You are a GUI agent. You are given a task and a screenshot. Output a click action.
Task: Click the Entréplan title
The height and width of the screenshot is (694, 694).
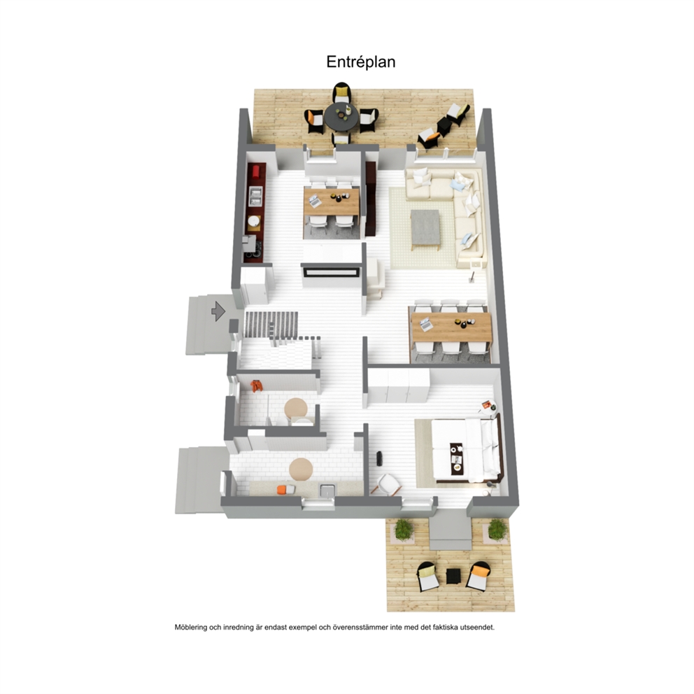click(361, 62)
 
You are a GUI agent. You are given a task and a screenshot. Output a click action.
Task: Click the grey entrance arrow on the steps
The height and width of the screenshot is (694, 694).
click(218, 311)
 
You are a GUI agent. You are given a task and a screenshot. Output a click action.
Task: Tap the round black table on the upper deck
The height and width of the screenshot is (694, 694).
click(340, 118)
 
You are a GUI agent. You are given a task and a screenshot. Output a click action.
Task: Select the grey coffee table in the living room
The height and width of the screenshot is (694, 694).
click(425, 227)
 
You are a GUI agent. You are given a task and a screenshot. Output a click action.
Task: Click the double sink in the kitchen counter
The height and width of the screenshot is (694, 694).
click(255, 196)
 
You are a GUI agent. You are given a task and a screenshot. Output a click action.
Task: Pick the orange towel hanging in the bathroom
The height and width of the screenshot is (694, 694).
click(256, 386)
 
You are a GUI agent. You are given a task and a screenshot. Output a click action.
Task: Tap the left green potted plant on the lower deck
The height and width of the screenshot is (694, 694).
click(403, 530)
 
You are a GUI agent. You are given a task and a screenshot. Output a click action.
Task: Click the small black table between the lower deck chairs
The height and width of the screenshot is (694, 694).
click(453, 576)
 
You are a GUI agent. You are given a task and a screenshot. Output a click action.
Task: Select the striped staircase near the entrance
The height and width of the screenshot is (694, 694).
click(271, 324)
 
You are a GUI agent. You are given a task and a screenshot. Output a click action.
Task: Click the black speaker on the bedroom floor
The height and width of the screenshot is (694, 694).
click(379, 458)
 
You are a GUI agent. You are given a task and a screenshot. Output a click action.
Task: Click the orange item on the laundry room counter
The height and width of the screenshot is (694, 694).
click(286, 490)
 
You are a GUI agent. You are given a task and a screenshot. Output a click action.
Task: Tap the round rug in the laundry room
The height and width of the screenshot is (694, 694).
click(301, 469)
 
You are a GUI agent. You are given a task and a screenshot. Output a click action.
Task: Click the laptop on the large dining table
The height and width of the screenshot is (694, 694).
click(426, 325)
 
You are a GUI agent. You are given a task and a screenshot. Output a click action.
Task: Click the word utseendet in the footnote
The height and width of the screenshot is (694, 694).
click(478, 627)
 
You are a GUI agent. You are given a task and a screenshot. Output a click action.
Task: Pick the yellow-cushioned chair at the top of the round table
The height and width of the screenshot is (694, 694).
click(341, 92)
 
